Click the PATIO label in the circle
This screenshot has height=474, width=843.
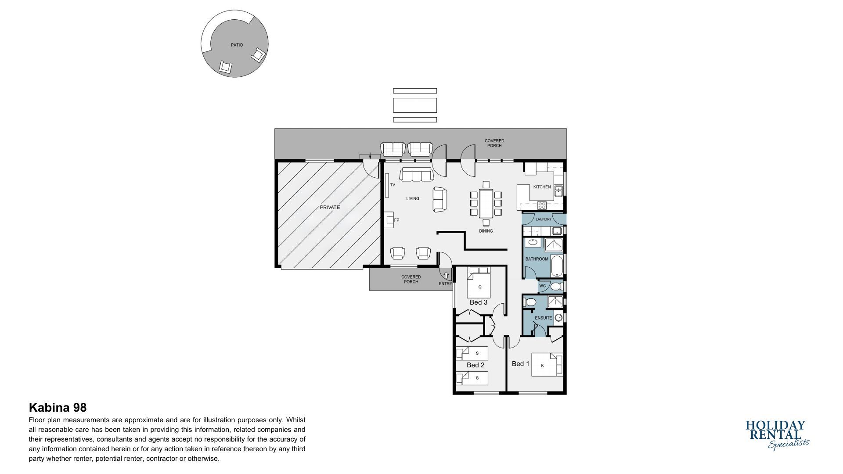pos(237,45)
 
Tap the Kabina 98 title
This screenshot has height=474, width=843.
pos(58,408)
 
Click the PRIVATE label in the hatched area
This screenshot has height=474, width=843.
pos(330,207)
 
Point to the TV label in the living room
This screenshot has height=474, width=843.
pos(393,185)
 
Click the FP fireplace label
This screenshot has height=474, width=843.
pos(396,220)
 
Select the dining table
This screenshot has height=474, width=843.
pos(486,203)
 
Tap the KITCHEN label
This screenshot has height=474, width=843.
pos(542,187)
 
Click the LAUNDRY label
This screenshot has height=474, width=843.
pos(544,219)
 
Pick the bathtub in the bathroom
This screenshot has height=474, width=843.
pos(557,266)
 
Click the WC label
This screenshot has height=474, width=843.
pos(542,286)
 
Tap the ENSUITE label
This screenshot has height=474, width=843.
pos(543,318)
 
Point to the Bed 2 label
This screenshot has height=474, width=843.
pos(476,365)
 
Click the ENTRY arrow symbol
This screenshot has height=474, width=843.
pos(446,275)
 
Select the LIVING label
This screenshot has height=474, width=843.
pos(413,198)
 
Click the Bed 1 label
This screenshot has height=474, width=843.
pos(521,364)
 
